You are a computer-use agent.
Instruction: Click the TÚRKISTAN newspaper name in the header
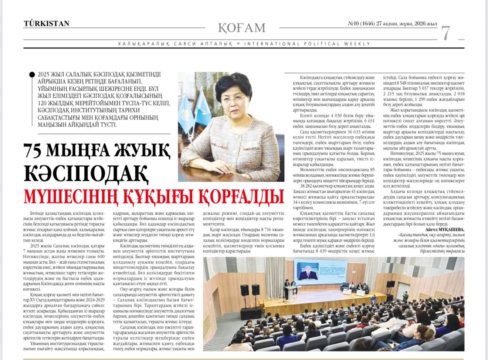tap(47, 24)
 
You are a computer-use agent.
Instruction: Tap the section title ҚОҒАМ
tap(242, 28)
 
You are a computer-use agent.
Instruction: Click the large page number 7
tap(446, 33)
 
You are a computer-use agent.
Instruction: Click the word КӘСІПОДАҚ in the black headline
tap(86, 172)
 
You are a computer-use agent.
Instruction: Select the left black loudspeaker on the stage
tap(244, 290)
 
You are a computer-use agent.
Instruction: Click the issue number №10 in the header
tap(354, 24)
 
